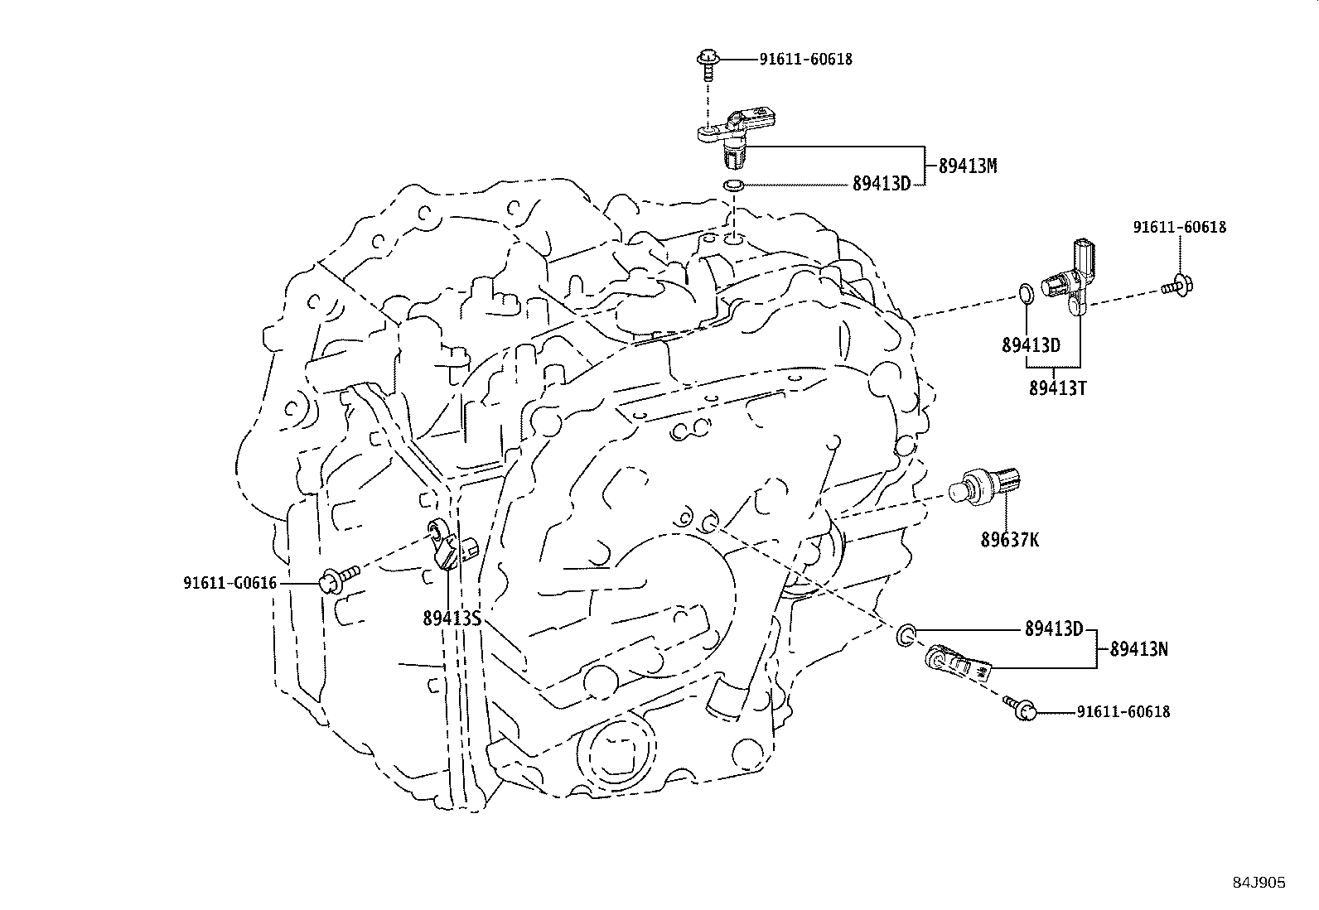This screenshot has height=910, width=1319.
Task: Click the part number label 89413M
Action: pyautogui.click(x=967, y=166)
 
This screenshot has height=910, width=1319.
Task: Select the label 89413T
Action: pyautogui.click(x=1057, y=388)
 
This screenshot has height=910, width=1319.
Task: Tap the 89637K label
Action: pyautogui.click(x=1009, y=540)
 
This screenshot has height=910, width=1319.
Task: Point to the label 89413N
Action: pyautogui.click(x=1138, y=649)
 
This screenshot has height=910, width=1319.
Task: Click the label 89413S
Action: pyautogui.click(x=452, y=618)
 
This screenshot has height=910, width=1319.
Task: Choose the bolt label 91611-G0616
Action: pyautogui.click(x=229, y=583)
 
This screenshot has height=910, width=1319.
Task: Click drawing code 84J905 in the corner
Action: pyautogui.click(x=1259, y=883)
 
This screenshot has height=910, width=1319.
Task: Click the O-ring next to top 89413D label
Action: pyautogui.click(x=732, y=185)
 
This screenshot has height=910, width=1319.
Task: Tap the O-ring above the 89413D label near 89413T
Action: pyautogui.click(x=1025, y=292)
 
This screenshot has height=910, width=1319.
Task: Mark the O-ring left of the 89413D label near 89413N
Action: pyautogui.click(x=906, y=635)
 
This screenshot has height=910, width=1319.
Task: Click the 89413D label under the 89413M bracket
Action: pyautogui.click(x=882, y=184)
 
